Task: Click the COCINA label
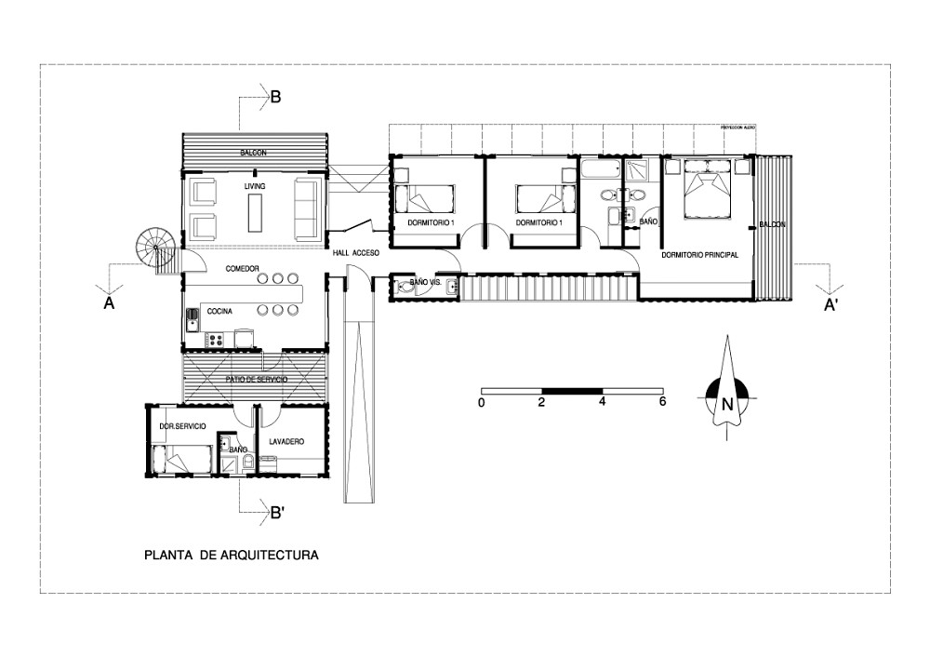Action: tap(220, 311)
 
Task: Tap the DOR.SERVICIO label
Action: tap(182, 425)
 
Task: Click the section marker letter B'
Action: tap(276, 512)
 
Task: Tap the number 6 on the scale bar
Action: tap(661, 403)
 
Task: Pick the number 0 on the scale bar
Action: tap(481, 403)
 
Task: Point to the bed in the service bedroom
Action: tap(180, 459)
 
